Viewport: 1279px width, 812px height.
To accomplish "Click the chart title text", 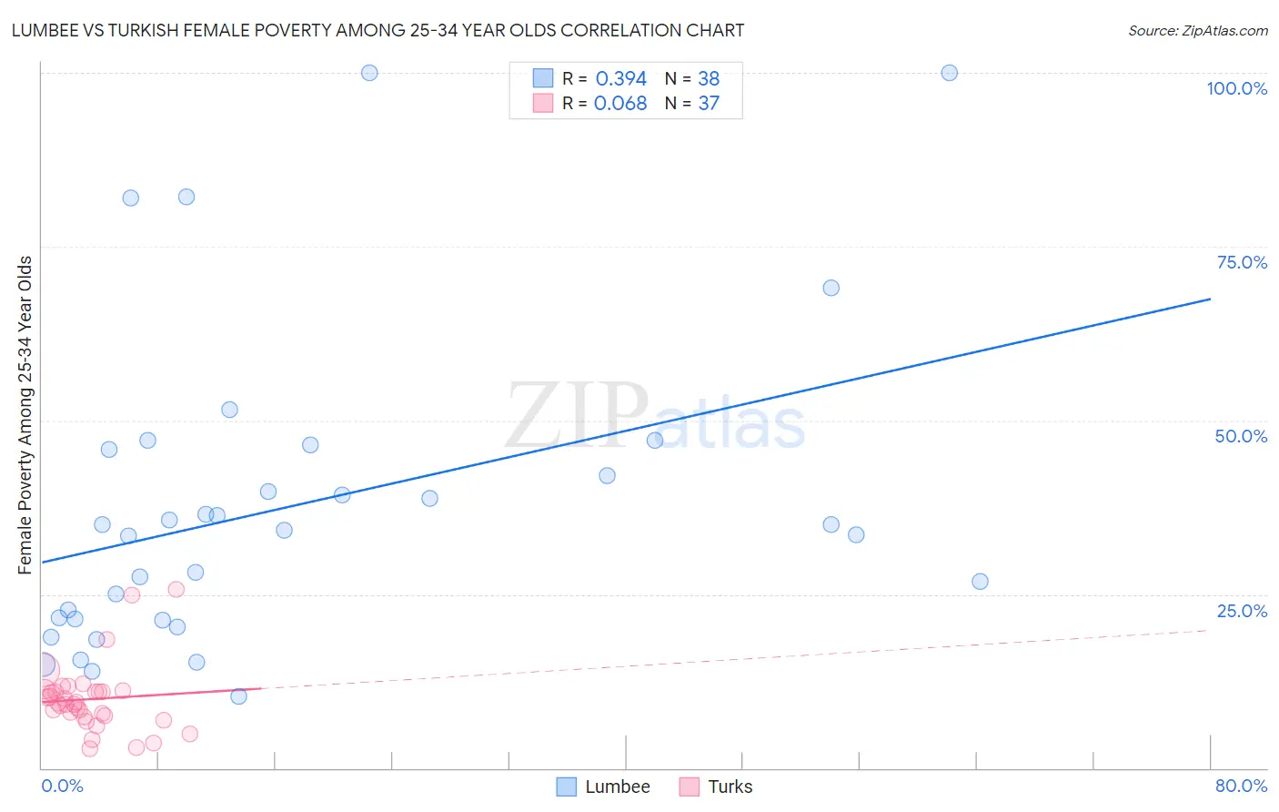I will pos(378,31).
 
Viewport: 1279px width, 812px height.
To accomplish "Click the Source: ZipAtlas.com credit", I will pos(1197,31).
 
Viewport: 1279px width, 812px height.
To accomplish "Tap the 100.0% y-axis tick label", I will pos(1236,88).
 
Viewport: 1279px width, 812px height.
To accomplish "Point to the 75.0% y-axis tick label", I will pos(1242,262).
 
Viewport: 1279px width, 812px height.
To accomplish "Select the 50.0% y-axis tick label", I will pos(1241,436).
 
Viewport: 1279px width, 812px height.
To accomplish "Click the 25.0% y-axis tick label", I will pos(1242,611).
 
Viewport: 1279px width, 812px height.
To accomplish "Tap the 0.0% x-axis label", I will pos(63,786).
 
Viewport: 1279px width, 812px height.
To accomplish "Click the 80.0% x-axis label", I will pos(1241,786).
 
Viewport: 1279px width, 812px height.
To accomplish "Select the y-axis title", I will pos(25,415).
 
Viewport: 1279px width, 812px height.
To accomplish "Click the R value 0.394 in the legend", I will pos(620,79).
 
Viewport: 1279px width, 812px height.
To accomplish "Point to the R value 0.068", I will pos(620,104).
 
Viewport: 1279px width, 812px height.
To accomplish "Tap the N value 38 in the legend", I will pos(709,79).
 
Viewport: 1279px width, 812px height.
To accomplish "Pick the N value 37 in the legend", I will pos(709,104).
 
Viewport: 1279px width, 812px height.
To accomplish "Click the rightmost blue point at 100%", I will pos(949,73).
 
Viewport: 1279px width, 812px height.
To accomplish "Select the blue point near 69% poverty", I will pos(831,288).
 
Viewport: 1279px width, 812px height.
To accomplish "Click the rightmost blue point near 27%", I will pos(980,582).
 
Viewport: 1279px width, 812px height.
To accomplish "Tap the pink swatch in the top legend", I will pos(543,103).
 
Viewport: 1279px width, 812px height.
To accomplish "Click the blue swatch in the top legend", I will pos(543,78).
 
